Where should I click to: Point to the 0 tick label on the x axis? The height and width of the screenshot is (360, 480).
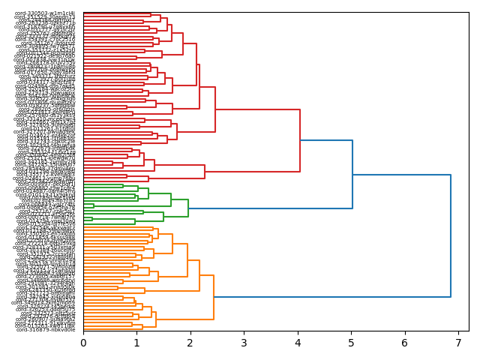(83, 343)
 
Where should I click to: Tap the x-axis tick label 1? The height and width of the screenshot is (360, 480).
(136, 343)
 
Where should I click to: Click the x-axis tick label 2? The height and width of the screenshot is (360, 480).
(190, 343)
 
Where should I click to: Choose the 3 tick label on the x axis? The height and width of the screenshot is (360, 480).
(244, 343)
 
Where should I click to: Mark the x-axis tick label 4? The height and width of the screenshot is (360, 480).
(298, 343)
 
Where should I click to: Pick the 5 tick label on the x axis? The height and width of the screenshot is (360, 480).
(351, 343)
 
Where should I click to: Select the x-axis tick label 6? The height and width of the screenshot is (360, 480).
(405, 343)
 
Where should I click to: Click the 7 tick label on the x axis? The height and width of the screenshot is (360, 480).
(458, 343)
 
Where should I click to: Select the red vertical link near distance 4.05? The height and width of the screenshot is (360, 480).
(300, 140)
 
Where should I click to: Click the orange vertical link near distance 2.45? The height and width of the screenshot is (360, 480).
(214, 297)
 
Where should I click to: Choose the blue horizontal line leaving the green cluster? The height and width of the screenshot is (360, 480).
(270, 208)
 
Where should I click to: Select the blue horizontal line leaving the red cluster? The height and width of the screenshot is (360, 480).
(326, 140)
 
